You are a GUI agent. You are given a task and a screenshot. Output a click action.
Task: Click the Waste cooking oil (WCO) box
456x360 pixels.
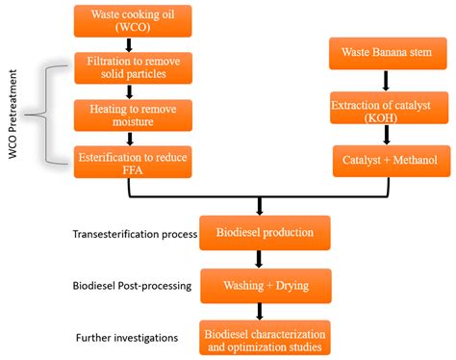pyautogui.click(x=126, y=20)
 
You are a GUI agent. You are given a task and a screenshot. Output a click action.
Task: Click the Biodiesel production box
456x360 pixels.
pyautogui.click(x=264, y=232)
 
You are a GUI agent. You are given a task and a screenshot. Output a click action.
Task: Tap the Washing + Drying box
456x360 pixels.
pyautogui.click(x=264, y=285)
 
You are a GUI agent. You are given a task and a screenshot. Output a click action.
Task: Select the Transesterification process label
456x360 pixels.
pyautogui.click(x=134, y=234)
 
